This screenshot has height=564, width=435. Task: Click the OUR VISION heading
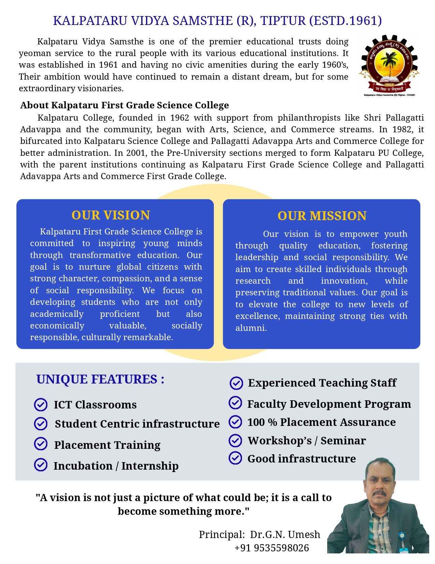click(111, 215)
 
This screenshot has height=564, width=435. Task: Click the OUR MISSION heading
click(322, 216)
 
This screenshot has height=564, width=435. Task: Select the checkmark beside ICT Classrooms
click(41, 405)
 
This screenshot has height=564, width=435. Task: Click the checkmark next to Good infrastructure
click(235, 458)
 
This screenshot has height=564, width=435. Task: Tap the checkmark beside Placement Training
click(41, 444)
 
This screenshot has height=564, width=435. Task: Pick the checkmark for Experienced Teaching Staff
click(236, 383)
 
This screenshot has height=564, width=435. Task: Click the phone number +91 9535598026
click(272, 548)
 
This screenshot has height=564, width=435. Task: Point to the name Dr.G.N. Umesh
click(285, 535)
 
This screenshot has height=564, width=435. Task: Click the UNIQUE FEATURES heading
click(100, 379)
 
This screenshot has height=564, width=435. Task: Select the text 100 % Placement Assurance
click(321, 422)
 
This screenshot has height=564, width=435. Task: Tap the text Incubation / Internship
click(116, 466)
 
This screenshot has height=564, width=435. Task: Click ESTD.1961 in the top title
click(345, 21)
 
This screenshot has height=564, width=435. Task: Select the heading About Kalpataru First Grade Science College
click(125, 105)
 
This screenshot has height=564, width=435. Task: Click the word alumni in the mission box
click(250, 328)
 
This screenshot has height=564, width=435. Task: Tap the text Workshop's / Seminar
click(307, 441)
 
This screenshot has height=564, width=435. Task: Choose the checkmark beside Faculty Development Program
click(235, 403)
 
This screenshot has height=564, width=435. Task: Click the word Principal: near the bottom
click(222, 535)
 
